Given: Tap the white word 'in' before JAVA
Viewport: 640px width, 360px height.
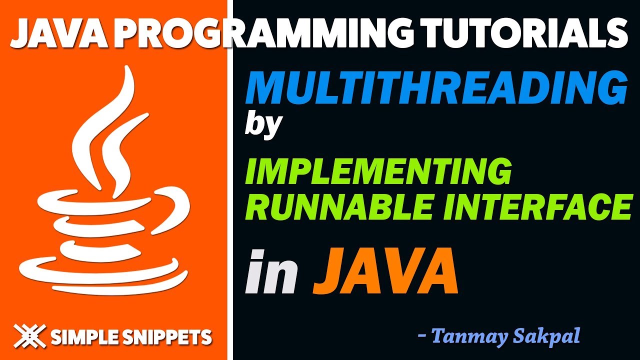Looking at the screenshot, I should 271,273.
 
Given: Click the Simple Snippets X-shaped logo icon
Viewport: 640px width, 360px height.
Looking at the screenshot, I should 30,336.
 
